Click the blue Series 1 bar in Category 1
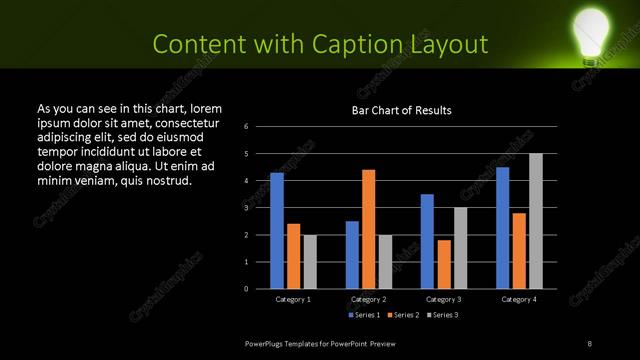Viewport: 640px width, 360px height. pyautogui.click(x=277, y=231)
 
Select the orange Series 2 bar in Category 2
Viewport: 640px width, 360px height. pyautogui.click(x=369, y=229)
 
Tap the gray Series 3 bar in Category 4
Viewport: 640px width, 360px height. pyautogui.click(x=536, y=221)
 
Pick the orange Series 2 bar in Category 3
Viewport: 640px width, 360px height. pyautogui.click(x=444, y=264)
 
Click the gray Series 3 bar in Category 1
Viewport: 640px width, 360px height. pyautogui.click(x=310, y=262)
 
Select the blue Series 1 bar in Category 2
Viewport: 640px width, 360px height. pyautogui.click(x=352, y=255)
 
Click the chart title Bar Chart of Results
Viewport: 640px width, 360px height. pyautogui.click(x=402, y=110)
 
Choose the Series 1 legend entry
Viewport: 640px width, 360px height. pyautogui.click(x=363, y=315)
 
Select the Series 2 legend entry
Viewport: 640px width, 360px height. pyautogui.click(x=403, y=315)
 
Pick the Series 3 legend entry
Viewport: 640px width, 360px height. pyautogui.click(x=443, y=315)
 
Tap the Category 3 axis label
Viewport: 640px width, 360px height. pyautogui.click(x=444, y=299)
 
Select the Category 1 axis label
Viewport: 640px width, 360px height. pyautogui.click(x=293, y=299)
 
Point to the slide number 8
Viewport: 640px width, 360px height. pyautogui.click(x=590, y=343)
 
